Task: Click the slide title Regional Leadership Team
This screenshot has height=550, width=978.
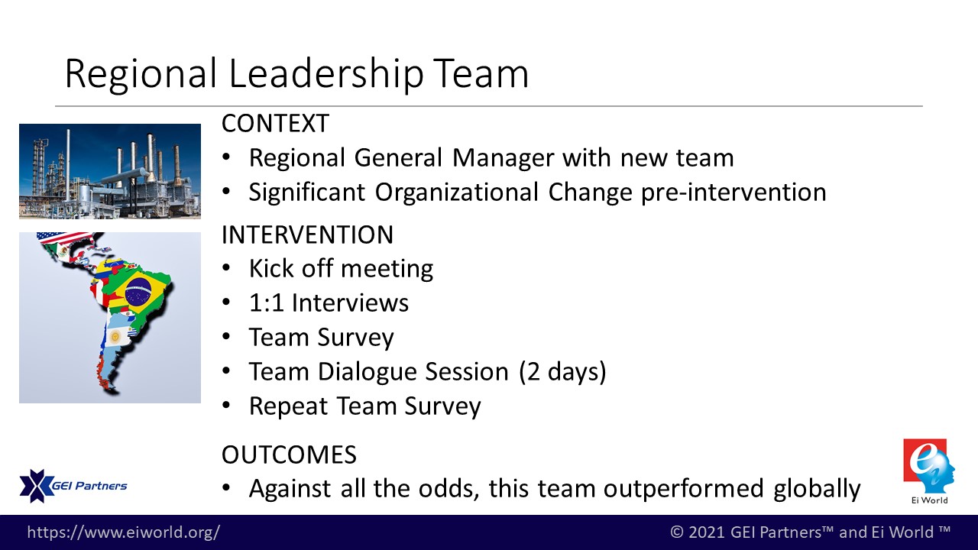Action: pos(296,73)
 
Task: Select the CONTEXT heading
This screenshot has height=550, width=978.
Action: pos(275,123)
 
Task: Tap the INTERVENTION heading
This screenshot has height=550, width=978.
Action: pos(307,235)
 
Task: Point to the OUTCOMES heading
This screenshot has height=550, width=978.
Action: pos(289,455)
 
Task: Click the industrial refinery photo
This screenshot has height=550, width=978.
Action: pos(110,171)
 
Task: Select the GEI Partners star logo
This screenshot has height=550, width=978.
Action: pos(36,486)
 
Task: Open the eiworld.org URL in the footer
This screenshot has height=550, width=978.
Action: pos(124,532)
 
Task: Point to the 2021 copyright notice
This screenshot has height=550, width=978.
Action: pos(811,532)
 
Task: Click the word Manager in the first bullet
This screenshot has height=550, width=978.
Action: pos(503,158)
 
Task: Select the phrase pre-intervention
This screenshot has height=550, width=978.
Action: pos(733,192)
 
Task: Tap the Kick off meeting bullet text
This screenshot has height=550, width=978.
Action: pos(341,268)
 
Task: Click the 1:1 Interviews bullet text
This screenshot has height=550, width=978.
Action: pos(329,303)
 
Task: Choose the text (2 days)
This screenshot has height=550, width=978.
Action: pos(563,372)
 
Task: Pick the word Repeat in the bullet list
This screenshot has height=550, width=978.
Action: pos(288,406)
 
